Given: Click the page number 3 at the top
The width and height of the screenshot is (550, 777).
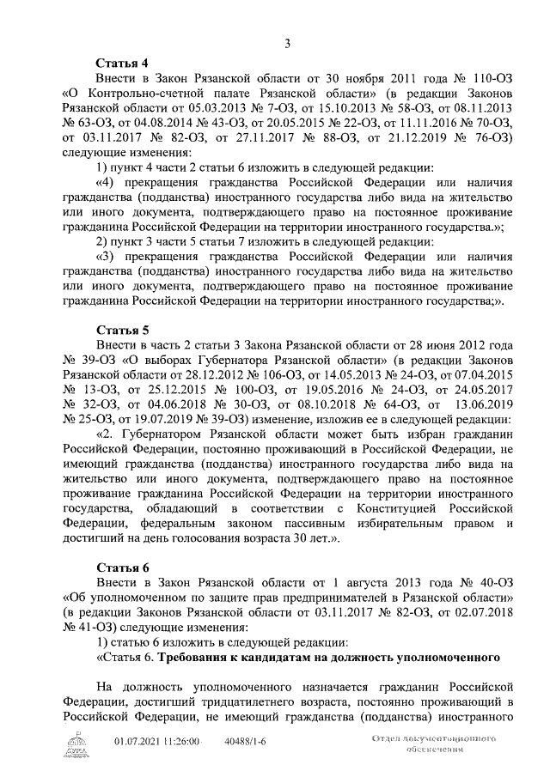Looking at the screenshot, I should tap(288, 45).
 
